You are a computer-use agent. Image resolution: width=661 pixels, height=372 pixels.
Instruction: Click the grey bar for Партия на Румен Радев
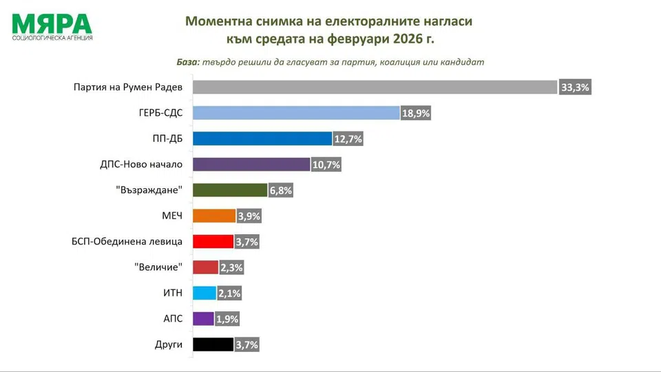point(374,87)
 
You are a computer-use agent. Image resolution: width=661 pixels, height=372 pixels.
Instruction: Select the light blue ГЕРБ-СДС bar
point(296,113)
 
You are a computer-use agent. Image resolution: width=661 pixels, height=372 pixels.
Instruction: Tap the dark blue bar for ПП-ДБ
point(262,138)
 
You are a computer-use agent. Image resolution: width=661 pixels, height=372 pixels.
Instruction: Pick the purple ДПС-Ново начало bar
point(251,164)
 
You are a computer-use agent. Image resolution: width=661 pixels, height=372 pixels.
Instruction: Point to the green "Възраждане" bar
point(229,190)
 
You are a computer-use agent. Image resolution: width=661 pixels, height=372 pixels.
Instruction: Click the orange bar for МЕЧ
point(214,216)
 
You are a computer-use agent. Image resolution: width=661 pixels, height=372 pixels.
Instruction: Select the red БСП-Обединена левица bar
point(213,242)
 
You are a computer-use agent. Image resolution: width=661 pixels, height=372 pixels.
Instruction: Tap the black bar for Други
point(213,344)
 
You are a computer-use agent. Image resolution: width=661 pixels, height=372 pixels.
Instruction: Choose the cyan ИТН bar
point(204,293)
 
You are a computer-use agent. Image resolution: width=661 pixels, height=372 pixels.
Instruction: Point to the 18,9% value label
point(416,113)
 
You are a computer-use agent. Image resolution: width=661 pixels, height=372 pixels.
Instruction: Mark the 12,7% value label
point(348,138)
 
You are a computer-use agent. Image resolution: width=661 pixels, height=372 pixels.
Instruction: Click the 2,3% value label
point(231,267)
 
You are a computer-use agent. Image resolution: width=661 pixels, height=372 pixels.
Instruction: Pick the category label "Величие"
point(158,267)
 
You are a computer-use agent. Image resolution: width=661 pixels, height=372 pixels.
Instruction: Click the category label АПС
point(171,318)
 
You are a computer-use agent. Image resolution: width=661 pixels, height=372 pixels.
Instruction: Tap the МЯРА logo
point(52,26)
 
